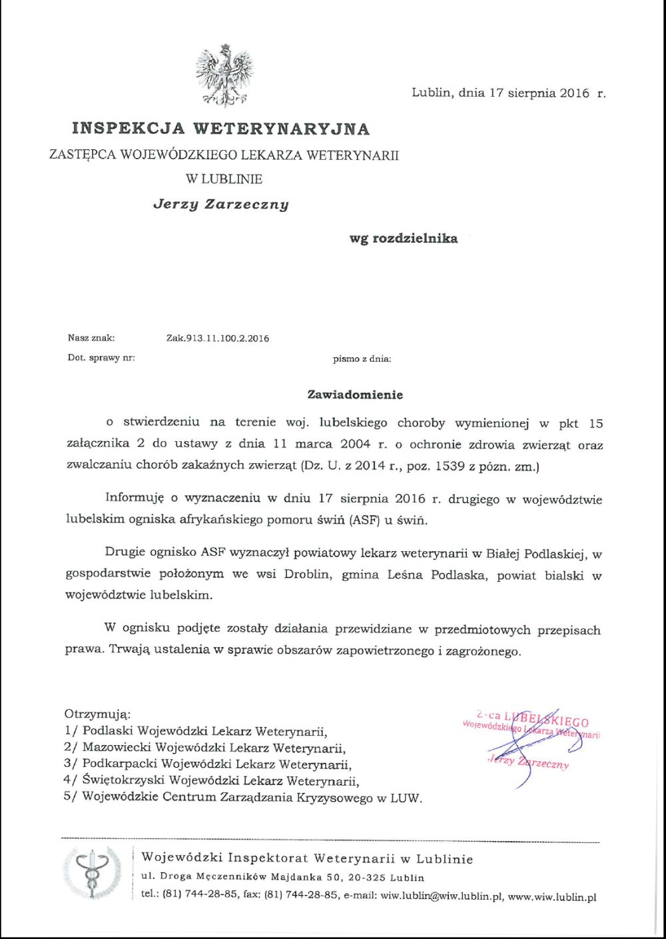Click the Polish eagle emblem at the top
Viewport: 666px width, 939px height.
click(x=224, y=75)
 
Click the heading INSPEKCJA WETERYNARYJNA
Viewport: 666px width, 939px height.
click(x=220, y=128)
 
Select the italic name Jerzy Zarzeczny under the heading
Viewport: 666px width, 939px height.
click(x=221, y=204)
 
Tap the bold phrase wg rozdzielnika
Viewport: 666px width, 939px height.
click(x=404, y=238)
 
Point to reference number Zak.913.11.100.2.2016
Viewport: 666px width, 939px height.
click(x=218, y=339)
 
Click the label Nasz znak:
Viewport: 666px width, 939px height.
click(x=91, y=338)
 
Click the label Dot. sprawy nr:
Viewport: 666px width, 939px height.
click(x=101, y=358)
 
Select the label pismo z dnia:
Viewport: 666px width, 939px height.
click(x=362, y=359)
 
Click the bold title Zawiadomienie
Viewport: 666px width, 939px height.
click(x=355, y=395)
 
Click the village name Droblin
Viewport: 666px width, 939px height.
click(x=307, y=574)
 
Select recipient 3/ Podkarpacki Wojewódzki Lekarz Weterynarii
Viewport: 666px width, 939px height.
click(x=208, y=764)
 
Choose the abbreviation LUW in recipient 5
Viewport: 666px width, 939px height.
click(x=406, y=798)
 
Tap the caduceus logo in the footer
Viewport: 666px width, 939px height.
click(x=92, y=874)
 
